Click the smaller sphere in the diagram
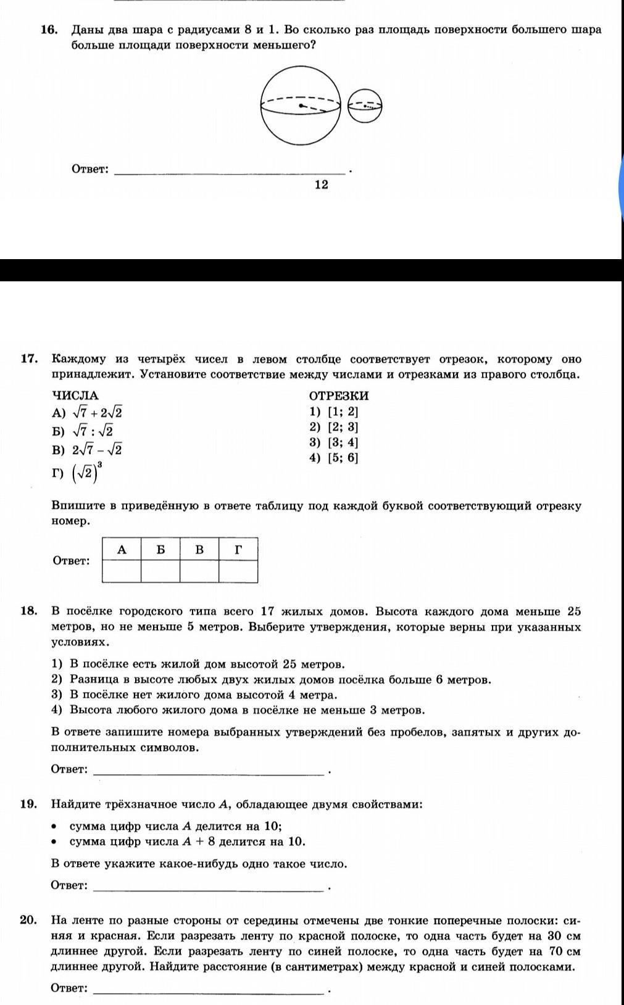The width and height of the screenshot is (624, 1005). click(x=365, y=106)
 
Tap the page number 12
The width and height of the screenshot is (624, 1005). click(x=321, y=184)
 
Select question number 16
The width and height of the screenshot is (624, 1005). click(x=49, y=30)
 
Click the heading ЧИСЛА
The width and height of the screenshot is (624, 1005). click(x=75, y=395)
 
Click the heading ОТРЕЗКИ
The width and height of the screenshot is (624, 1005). click(x=338, y=395)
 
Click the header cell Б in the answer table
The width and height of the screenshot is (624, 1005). click(x=160, y=549)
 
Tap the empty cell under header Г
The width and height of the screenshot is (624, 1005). click(x=238, y=571)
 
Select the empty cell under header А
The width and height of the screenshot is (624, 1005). click(x=122, y=571)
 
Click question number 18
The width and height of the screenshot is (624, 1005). click(x=29, y=611)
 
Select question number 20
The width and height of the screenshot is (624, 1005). click(x=29, y=920)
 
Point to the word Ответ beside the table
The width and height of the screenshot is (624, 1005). click(x=72, y=561)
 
